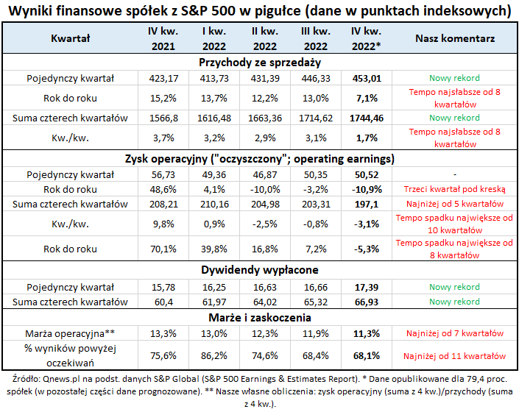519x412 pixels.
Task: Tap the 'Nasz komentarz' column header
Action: pyautogui.click(x=454, y=38)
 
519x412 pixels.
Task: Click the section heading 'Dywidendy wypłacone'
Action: pyautogui.click(x=260, y=270)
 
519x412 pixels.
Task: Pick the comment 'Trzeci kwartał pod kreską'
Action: pyautogui.click(x=454, y=189)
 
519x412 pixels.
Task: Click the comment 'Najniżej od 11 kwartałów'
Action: pyautogui.click(x=454, y=355)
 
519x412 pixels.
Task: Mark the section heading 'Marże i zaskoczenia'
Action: pyautogui.click(x=260, y=318)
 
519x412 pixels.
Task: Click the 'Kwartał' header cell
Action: pyautogui.click(x=70, y=38)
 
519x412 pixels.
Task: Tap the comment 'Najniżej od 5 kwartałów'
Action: pyautogui.click(x=454, y=203)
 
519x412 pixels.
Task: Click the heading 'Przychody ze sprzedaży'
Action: pyautogui.click(x=260, y=62)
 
